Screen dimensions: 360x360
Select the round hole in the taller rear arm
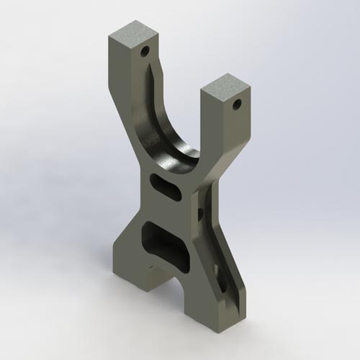(145, 52)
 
